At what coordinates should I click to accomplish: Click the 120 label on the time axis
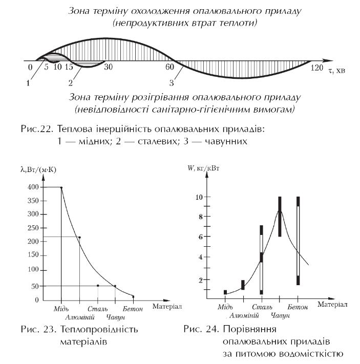(317, 68)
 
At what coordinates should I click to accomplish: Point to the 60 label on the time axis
(170, 67)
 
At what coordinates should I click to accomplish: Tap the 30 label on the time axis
(108, 67)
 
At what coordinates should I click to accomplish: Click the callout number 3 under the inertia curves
(172, 83)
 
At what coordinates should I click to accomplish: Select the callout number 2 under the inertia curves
(71, 83)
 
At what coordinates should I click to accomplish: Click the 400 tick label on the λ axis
(33, 187)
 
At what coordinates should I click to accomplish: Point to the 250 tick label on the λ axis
(33, 228)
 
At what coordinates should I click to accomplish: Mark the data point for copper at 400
(61, 187)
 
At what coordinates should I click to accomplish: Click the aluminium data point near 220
(79, 237)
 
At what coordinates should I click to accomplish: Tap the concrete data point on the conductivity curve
(133, 297)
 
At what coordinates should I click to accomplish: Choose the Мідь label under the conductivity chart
(61, 309)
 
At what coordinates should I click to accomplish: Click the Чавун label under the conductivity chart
(115, 317)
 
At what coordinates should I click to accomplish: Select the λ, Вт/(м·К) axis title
(38, 169)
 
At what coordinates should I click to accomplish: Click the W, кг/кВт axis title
(203, 168)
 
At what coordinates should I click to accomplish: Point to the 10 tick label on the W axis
(199, 197)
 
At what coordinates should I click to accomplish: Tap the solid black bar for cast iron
(280, 217)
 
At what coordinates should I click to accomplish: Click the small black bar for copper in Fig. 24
(225, 292)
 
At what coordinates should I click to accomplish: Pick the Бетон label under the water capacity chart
(298, 307)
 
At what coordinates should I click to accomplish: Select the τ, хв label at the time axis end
(337, 70)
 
